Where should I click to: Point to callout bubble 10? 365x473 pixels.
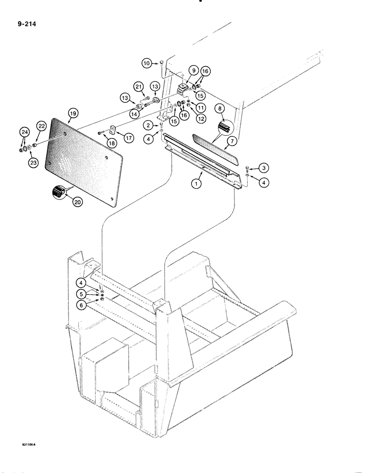[x=147, y=63]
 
